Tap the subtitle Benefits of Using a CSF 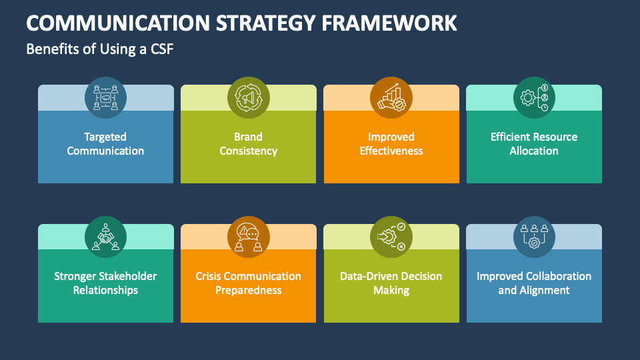pyautogui.click(x=100, y=49)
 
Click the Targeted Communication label pyautogui.click(x=105, y=144)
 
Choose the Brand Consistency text pyautogui.click(x=248, y=144)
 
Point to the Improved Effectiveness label pyautogui.click(x=391, y=144)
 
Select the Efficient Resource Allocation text pyautogui.click(x=534, y=144)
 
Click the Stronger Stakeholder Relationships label pyautogui.click(x=105, y=283)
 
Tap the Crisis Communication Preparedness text pyautogui.click(x=248, y=283)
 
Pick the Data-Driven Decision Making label pyautogui.click(x=391, y=283)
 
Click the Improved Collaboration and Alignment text pyautogui.click(x=534, y=283)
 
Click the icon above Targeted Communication pyautogui.click(x=105, y=97)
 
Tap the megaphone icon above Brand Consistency pyautogui.click(x=248, y=97)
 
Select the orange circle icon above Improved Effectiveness pyautogui.click(x=391, y=97)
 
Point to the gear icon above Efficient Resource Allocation pyautogui.click(x=534, y=97)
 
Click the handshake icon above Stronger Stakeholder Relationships pyautogui.click(x=105, y=237)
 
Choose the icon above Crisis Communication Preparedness pyautogui.click(x=248, y=237)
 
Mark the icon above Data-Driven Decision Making pyautogui.click(x=391, y=237)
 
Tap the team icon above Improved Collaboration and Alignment pyautogui.click(x=534, y=237)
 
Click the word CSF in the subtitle pyautogui.click(x=162, y=49)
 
